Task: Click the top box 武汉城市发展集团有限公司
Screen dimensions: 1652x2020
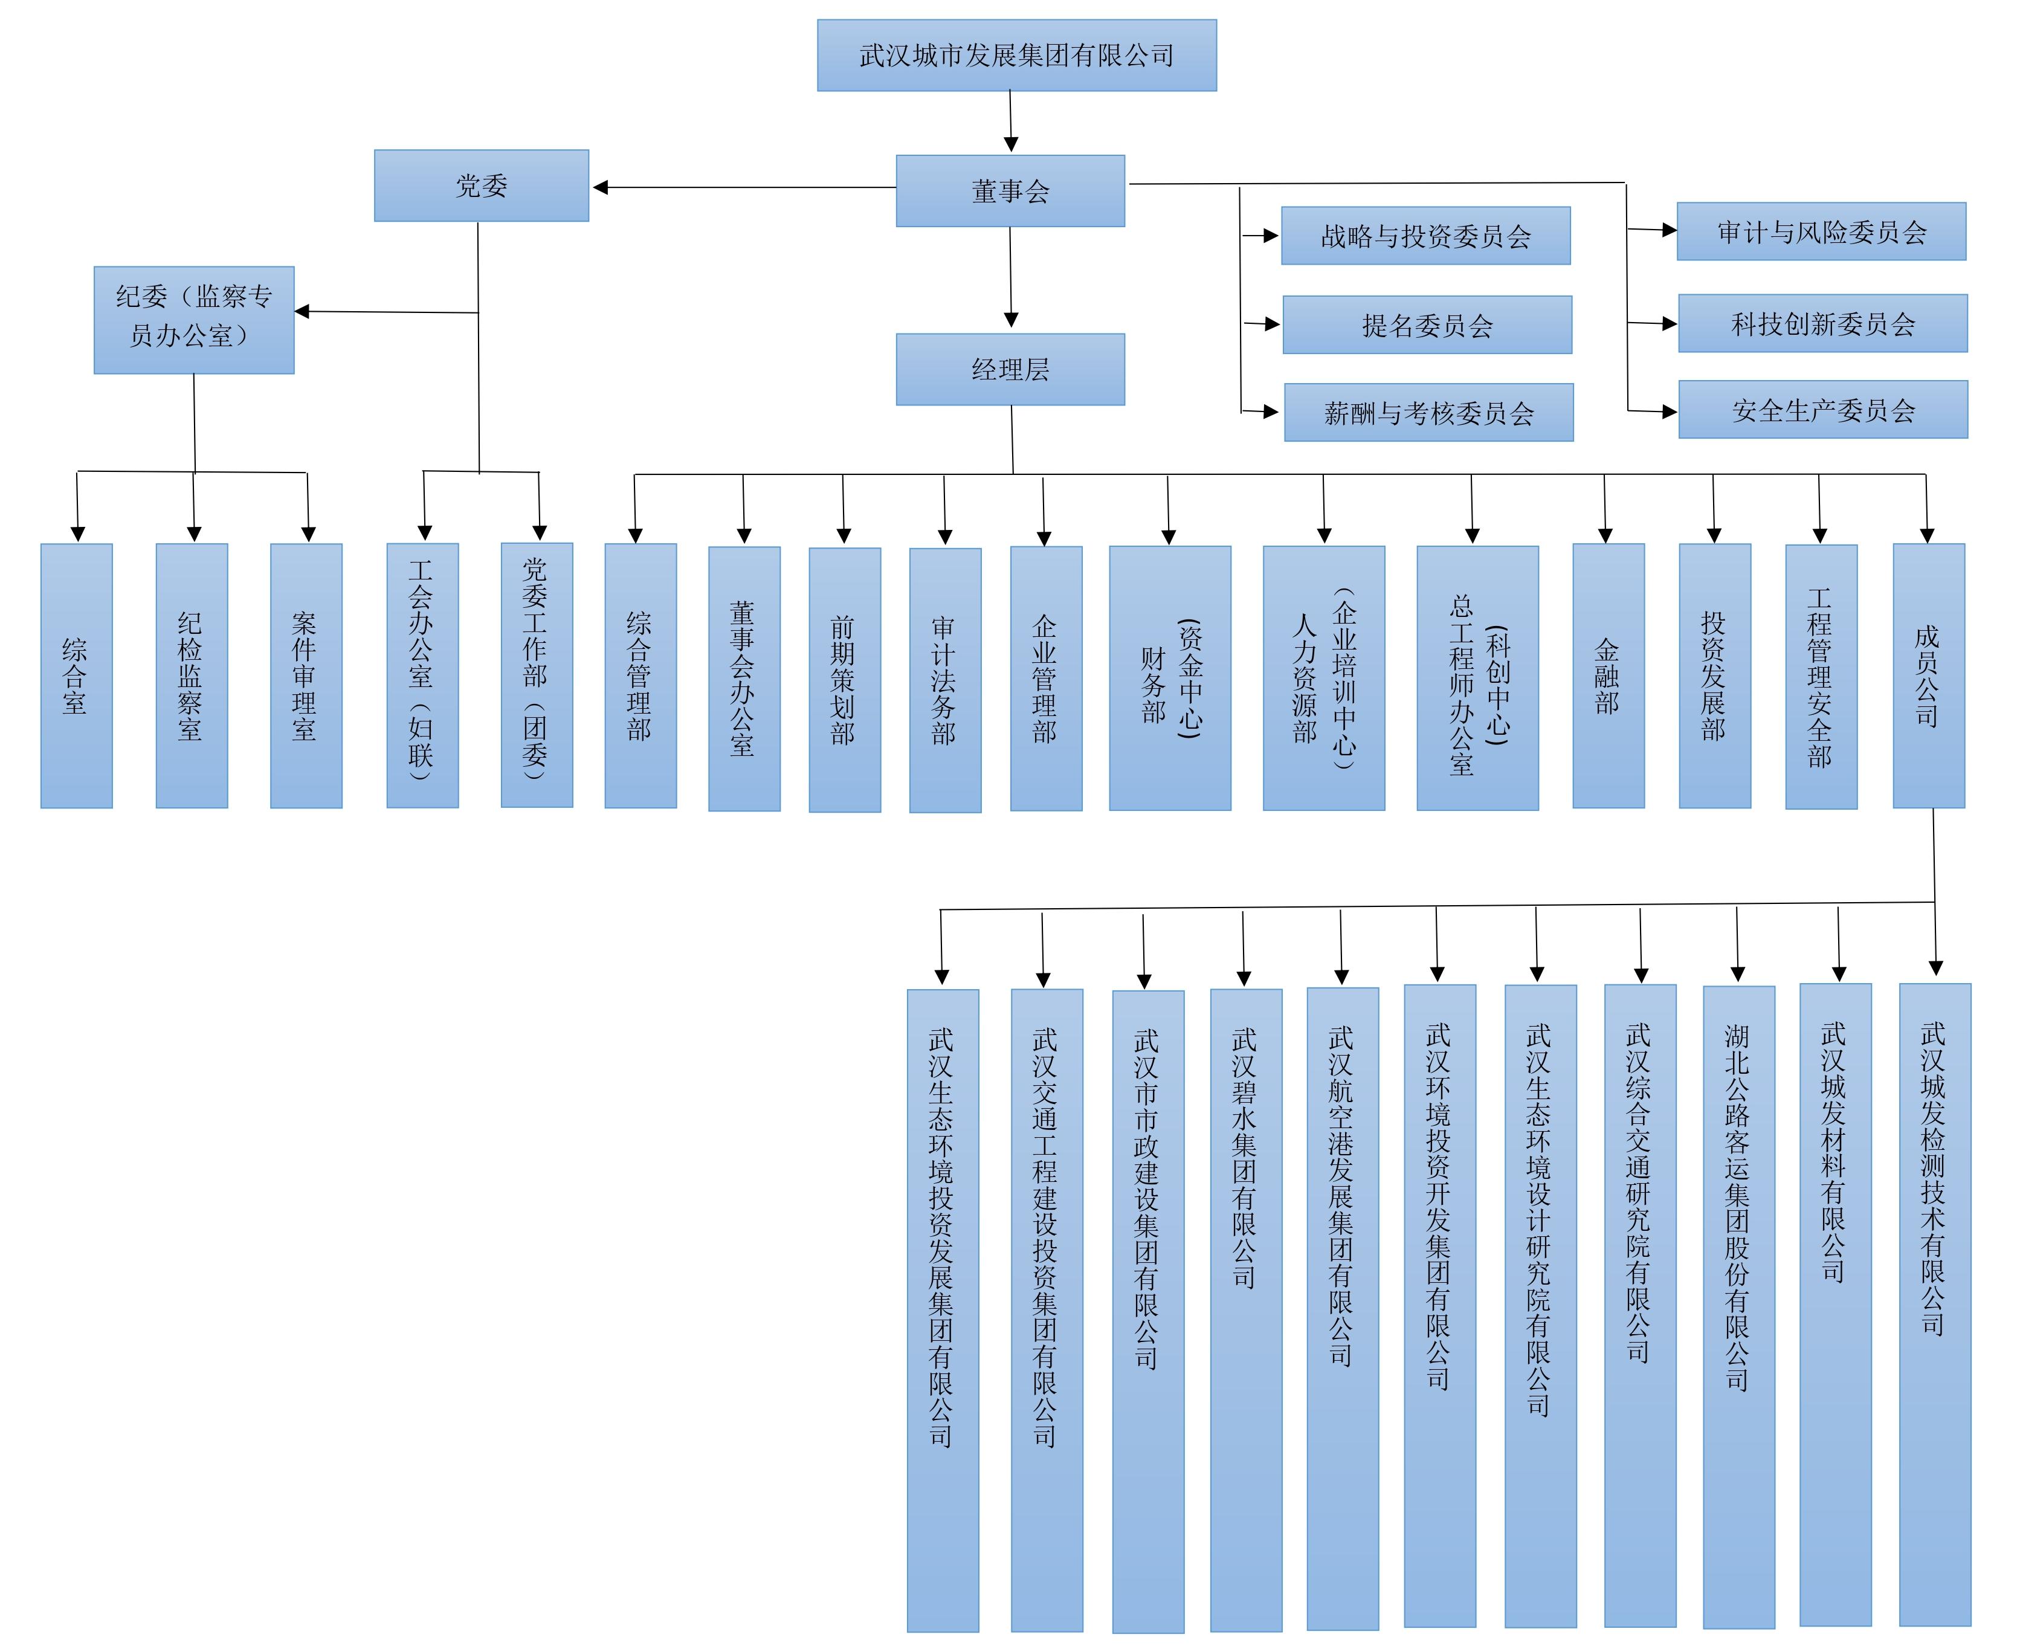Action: (1016, 55)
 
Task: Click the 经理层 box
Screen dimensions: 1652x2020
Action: (1010, 369)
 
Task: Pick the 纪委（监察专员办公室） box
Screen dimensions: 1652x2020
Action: (193, 320)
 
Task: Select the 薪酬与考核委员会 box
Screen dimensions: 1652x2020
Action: (1428, 412)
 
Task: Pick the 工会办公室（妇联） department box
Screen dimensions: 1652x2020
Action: (422, 676)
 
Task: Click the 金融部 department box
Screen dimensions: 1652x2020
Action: (1608, 676)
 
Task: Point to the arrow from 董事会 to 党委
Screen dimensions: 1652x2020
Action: (742, 187)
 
